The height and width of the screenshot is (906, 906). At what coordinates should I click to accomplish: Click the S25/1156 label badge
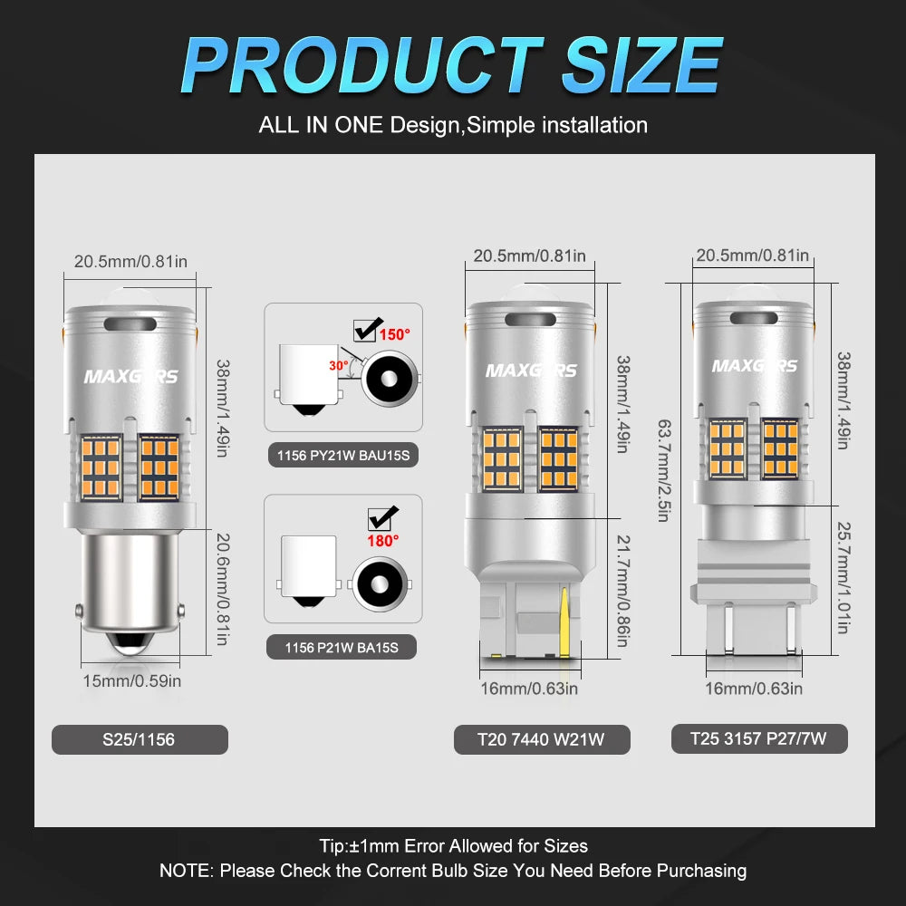tap(140, 739)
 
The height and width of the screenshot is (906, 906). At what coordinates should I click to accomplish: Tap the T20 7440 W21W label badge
tap(542, 739)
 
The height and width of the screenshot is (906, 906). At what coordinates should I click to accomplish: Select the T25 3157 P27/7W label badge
tap(758, 738)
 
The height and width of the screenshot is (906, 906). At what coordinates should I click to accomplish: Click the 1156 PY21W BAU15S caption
tap(343, 456)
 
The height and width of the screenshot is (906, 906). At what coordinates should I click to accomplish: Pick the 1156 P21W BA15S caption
tap(342, 647)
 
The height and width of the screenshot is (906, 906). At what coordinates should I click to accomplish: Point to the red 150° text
tap(395, 334)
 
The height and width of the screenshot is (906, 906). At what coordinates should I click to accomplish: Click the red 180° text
tap(383, 541)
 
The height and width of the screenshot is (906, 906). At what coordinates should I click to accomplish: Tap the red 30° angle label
tap(339, 366)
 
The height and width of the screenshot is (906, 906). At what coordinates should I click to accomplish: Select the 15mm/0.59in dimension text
tap(131, 681)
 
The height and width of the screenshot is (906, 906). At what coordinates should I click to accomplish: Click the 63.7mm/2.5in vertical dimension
tap(664, 470)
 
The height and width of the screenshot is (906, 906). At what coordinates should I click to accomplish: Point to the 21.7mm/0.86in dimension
tap(623, 591)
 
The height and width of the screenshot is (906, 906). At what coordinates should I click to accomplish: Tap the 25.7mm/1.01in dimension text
tap(843, 578)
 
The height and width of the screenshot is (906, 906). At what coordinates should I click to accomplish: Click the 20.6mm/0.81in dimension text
tap(223, 589)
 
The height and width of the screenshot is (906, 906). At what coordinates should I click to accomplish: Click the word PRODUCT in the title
tap(362, 64)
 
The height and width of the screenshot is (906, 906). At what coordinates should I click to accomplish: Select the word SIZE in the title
tap(642, 64)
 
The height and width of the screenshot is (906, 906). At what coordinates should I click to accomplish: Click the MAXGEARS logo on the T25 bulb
tap(754, 366)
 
